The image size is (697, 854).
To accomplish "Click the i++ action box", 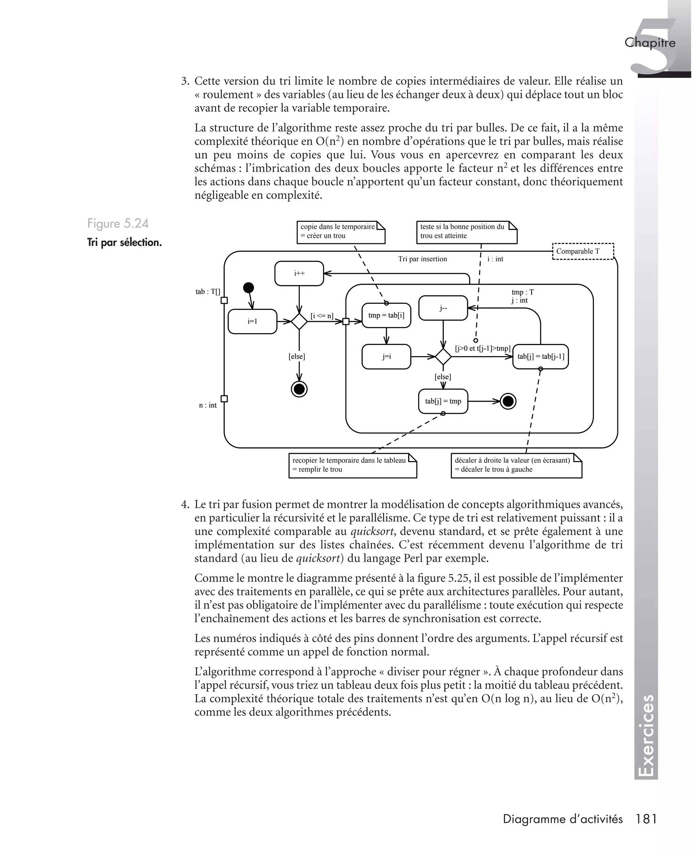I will pyautogui.click(x=299, y=273).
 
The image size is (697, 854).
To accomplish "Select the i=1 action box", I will pyautogui.click(x=252, y=322).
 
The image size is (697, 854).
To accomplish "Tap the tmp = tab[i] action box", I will pyautogui.click(x=386, y=315).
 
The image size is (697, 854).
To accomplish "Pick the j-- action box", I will pyautogui.click(x=443, y=308).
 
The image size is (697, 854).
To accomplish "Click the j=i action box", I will pyautogui.click(x=386, y=356).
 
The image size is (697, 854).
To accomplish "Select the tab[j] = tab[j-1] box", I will pyautogui.click(x=540, y=356).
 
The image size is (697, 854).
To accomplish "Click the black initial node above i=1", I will pyautogui.click(x=248, y=288).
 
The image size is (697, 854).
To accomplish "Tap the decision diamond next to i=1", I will pyautogui.click(x=299, y=322).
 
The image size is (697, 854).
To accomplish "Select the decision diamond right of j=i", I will pyautogui.click(x=443, y=356).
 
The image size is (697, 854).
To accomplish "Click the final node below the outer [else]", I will pyautogui.click(x=299, y=389).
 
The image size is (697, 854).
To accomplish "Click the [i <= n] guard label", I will pyautogui.click(x=322, y=316).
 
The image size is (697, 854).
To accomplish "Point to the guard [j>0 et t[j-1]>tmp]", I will pyautogui.click(x=483, y=348).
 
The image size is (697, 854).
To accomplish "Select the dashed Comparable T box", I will pyautogui.click(x=583, y=251).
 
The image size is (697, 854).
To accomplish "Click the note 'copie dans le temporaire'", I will pyautogui.click(x=340, y=232).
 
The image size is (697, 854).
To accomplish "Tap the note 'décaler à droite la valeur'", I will pyautogui.click(x=516, y=465).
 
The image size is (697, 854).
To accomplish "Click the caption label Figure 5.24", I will pyautogui.click(x=118, y=224).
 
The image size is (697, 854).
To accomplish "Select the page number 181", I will pyautogui.click(x=646, y=819).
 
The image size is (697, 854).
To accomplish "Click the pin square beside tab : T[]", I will pyautogui.click(x=224, y=300).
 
